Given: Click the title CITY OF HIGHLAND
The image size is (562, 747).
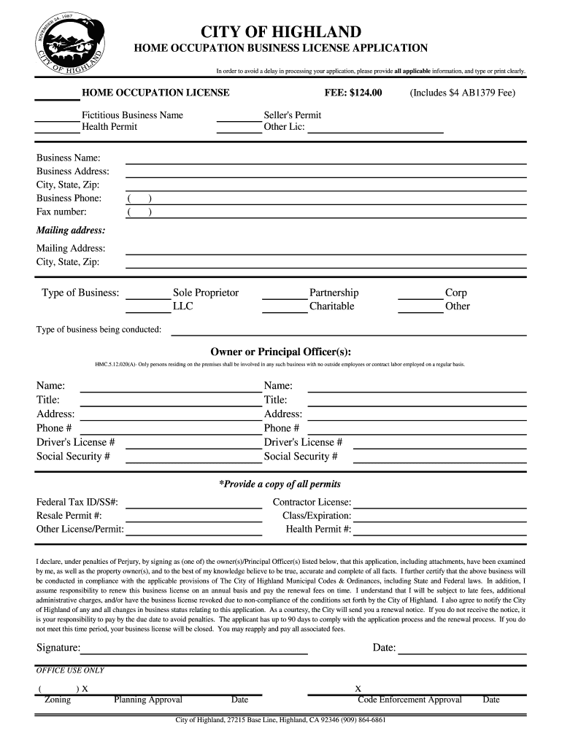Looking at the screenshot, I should pyautogui.click(x=281, y=32).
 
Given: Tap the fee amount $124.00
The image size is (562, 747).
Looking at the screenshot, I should pyautogui.click(x=353, y=93).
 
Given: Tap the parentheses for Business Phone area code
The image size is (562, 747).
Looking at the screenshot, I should pyautogui.click(x=139, y=198).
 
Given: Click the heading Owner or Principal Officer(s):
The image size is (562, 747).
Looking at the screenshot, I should pyautogui.click(x=281, y=350).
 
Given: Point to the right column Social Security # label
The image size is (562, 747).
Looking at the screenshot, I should pyautogui.click(x=301, y=457).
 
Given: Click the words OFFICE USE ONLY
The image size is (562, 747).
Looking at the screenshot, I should pyautogui.click(x=70, y=670).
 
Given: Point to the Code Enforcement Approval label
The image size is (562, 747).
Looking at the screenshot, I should pyautogui.click(x=409, y=700).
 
